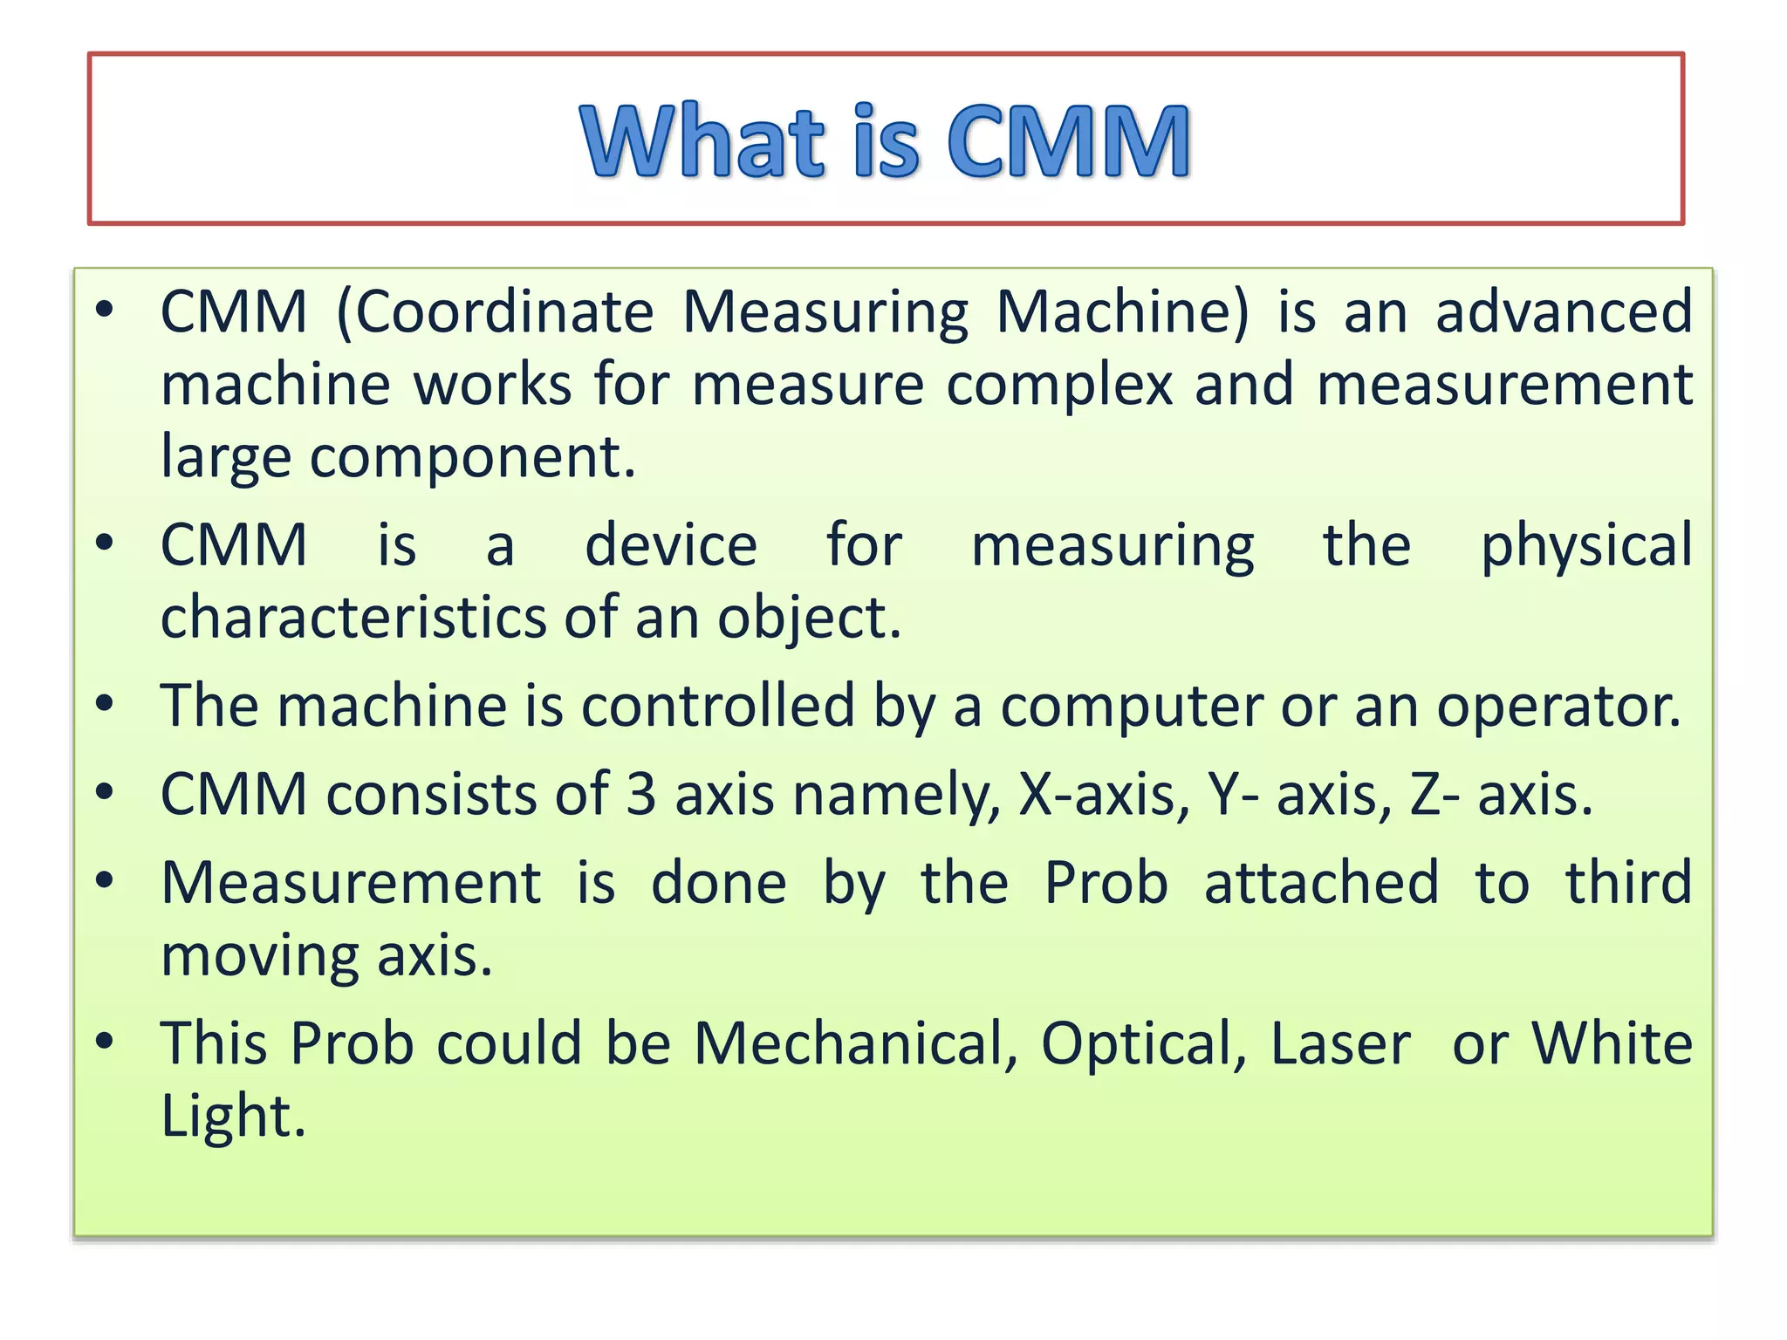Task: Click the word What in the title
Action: (x=702, y=140)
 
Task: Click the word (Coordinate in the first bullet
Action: (x=495, y=312)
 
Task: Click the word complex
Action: (x=1060, y=386)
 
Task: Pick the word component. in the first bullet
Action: (x=472, y=457)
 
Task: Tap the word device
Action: (x=670, y=546)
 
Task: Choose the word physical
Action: (x=1586, y=546)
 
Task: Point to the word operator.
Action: (x=1558, y=706)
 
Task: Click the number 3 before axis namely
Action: (x=640, y=795)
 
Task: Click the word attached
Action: (x=1321, y=883)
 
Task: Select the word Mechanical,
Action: (x=856, y=1043)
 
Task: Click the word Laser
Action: (x=1340, y=1043)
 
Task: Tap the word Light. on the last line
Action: (x=233, y=1116)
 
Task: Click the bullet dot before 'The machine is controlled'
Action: (x=105, y=703)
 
